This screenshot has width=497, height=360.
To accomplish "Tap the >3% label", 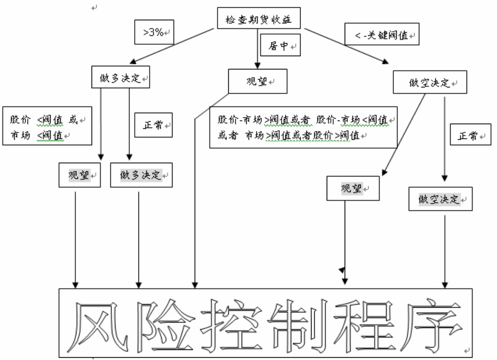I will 155,33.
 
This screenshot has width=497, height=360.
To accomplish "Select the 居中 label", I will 280,46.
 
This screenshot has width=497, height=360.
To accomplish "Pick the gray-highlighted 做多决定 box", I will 141,176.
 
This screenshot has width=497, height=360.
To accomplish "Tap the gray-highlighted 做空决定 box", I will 440,199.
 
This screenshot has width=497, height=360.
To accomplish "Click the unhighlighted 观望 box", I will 258,82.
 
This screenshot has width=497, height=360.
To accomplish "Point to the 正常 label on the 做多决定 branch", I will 153,125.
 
